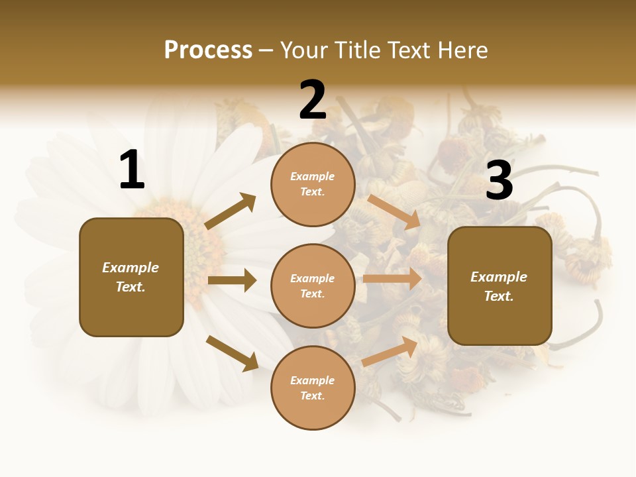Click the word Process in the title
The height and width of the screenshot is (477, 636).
tap(208, 50)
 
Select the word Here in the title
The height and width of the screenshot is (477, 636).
tap(461, 50)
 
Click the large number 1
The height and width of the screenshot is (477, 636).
tap(131, 170)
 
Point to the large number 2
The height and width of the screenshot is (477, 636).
tap(313, 101)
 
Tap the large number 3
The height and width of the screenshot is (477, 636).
tap(499, 180)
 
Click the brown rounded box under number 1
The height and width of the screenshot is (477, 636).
tap(131, 277)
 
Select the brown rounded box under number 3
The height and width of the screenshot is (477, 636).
tap(500, 286)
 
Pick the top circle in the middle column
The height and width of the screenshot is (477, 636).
tap(313, 184)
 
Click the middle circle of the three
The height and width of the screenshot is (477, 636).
tap(313, 286)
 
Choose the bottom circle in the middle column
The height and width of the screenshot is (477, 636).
tap(313, 388)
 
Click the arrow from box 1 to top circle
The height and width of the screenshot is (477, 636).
tap(231, 211)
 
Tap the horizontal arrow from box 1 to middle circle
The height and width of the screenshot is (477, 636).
tap(232, 280)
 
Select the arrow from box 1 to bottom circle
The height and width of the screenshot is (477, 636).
tap(232, 353)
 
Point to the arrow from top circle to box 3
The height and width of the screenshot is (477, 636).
tap(394, 212)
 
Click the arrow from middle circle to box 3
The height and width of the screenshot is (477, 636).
tap(392, 279)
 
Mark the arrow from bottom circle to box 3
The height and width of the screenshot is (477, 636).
tap(390, 351)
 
